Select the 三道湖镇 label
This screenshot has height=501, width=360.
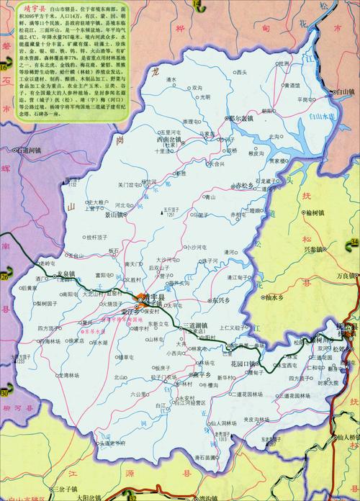pos(194,325)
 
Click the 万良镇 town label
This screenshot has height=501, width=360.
pos(346,276)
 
